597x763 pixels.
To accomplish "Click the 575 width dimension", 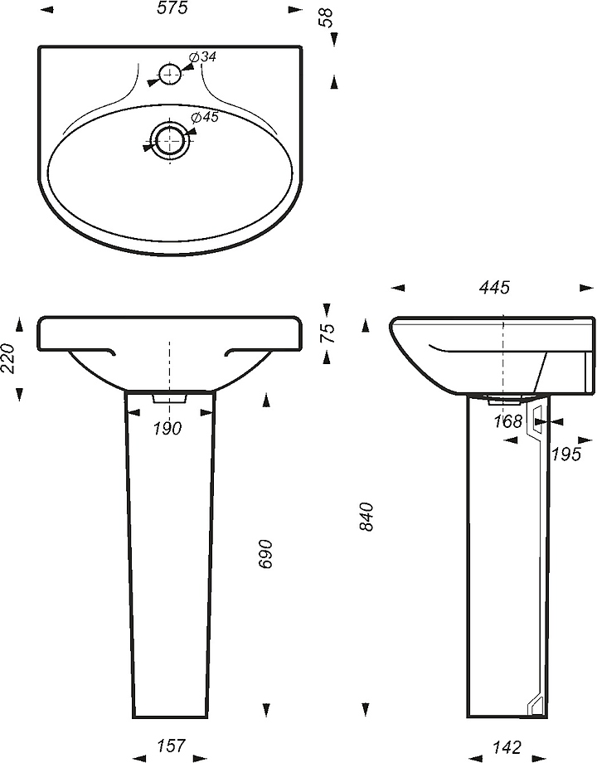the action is [172, 9].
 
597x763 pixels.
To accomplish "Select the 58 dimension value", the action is [327, 18].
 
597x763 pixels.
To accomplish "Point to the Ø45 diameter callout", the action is [205, 117].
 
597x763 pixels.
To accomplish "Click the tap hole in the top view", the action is [170, 74].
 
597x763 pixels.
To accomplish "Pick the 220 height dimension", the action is [8, 358].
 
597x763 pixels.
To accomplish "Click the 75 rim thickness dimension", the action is [329, 333].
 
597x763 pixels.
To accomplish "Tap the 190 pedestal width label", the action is [167, 429].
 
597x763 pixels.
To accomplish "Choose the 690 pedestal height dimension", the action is [267, 554].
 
